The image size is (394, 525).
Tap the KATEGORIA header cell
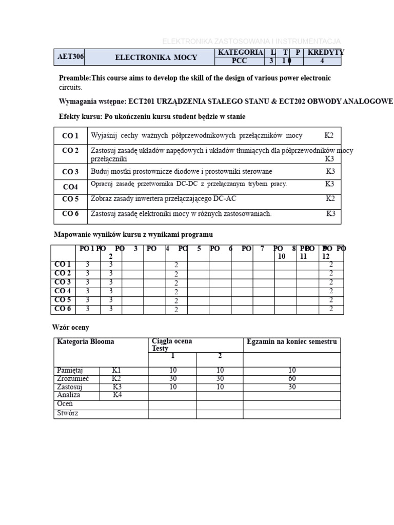pyautogui.click(x=241, y=52)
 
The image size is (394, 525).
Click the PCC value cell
pyautogui.click(x=239, y=61)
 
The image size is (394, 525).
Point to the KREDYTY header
pyautogui.click(x=326, y=52)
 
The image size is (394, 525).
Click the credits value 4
pyautogui.click(x=322, y=61)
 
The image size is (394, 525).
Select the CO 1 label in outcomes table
pyautogui.click(x=70, y=136)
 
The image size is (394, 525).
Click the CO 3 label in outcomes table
pyautogui.click(x=70, y=172)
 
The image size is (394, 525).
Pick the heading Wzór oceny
pyautogui.click(x=71, y=327)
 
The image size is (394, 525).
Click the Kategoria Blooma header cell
pyautogui.click(x=86, y=341)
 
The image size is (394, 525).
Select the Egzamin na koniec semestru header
pyautogui.click(x=291, y=341)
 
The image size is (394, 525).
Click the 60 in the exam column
pyautogui.click(x=292, y=378)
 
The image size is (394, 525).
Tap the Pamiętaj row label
pyautogui.click(x=70, y=370)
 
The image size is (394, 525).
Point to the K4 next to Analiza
pyautogui.click(x=117, y=395)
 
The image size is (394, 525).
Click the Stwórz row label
pyautogui.click(x=68, y=413)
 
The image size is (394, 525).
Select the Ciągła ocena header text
pyautogui.click(x=172, y=341)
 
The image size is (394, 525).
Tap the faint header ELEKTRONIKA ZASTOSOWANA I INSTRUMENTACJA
pyautogui.click(x=251, y=41)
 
